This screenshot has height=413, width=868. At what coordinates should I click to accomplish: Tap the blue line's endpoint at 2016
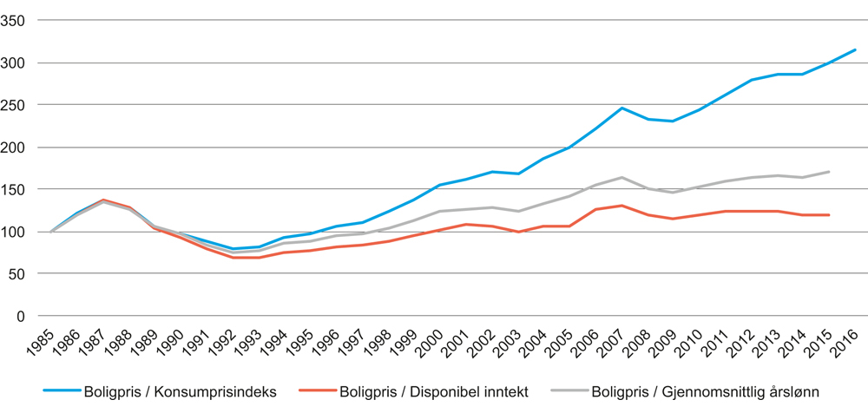point(855,49)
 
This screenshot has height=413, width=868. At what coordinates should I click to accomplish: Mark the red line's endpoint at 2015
point(829,215)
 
